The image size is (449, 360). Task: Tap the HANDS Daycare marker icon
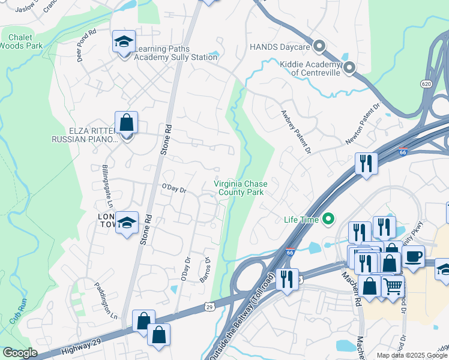(x=320, y=46)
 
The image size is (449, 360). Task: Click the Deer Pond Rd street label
(x=86, y=40)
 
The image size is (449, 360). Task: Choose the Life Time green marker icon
(x=328, y=220)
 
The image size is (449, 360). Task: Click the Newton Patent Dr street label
(x=364, y=124)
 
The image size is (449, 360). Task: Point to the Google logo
(x=19, y=353)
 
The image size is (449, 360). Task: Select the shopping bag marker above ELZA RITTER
(x=127, y=122)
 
